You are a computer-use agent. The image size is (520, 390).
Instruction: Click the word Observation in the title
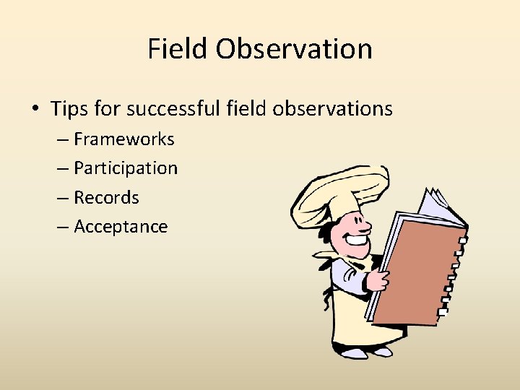(x=293, y=49)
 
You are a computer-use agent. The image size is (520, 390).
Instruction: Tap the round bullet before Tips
(x=35, y=109)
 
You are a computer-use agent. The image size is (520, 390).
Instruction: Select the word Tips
(x=69, y=109)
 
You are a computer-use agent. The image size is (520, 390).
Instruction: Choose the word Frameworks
(x=124, y=139)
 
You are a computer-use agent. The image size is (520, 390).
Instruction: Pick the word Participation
(x=126, y=168)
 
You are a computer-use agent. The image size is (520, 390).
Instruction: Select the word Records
(x=106, y=197)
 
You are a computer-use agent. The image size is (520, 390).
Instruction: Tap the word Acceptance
(x=121, y=227)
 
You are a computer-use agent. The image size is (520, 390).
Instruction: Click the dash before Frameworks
(x=61, y=139)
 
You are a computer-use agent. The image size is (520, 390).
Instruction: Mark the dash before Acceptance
(x=61, y=227)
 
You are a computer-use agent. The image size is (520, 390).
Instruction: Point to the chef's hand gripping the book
(x=378, y=279)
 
